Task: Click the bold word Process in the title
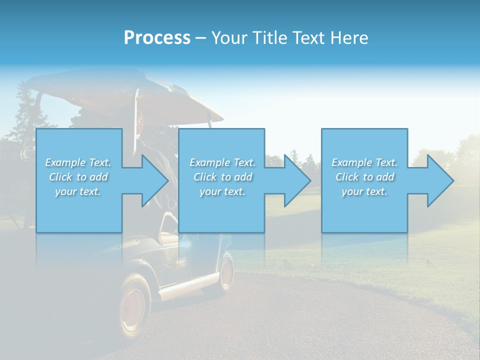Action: coord(157,38)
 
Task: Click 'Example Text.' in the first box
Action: coord(78,162)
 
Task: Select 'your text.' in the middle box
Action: coord(222,191)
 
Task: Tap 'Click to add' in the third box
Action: coord(365,177)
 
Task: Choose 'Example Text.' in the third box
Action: coord(365,162)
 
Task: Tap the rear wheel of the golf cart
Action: coord(226,272)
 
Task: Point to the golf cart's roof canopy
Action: coord(125,92)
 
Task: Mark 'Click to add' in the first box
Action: coord(78,177)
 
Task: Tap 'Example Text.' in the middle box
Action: coord(222,162)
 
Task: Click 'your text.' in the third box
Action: coord(365,191)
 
